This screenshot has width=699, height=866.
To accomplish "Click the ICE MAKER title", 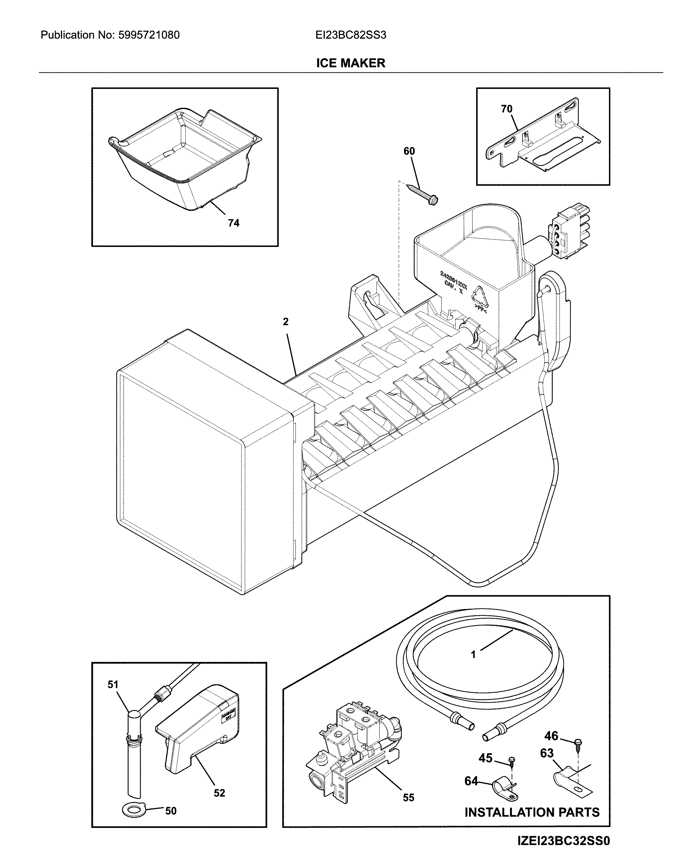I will click(x=350, y=63).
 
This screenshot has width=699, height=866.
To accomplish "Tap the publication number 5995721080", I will click(x=149, y=35).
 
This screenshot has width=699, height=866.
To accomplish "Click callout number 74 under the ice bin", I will click(x=233, y=223).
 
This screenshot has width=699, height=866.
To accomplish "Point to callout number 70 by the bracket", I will click(x=507, y=109).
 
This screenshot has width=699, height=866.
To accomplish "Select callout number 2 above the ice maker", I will click(x=286, y=322).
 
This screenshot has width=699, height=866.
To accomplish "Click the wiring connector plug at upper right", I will click(x=569, y=231).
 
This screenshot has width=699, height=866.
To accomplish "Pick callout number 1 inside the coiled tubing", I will click(x=473, y=655).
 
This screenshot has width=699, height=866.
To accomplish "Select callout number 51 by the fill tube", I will click(x=113, y=685).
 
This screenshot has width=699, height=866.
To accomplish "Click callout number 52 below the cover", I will click(x=219, y=793).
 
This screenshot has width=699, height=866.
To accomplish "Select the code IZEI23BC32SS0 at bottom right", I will click(x=564, y=849).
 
